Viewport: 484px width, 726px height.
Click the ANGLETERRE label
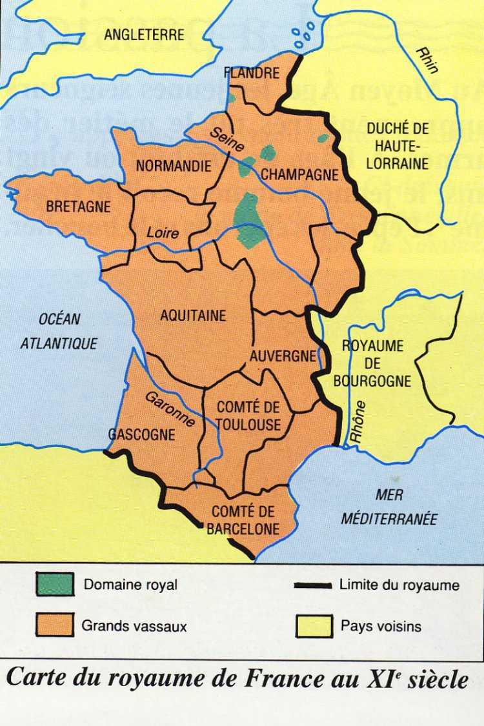(144, 35)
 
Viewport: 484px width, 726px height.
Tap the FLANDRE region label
(252, 72)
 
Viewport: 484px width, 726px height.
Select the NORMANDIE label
(174, 166)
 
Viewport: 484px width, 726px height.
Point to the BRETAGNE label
(79, 207)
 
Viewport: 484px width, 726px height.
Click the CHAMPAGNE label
(299, 174)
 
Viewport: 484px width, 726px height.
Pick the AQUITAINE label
(193, 316)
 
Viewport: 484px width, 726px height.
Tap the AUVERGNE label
(283, 356)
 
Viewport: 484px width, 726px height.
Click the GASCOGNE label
(142, 434)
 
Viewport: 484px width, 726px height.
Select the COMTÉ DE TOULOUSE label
(248, 416)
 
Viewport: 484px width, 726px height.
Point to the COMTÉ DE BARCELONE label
(243, 520)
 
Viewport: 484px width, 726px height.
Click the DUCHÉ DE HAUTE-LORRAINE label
(398, 145)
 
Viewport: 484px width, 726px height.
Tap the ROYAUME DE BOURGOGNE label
(372, 363)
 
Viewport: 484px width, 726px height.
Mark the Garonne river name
(170, 409)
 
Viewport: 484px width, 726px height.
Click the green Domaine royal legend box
(54, 585)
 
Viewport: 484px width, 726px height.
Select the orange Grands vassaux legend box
(54, 625)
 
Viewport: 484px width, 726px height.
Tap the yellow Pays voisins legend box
(314, 625)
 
